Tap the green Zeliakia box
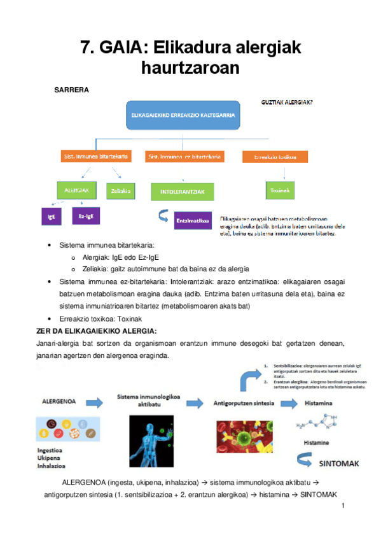(x=121, y=190)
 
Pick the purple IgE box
(x=51, y=217)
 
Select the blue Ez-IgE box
(x=86, y=217)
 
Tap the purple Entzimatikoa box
(x=192, y=221)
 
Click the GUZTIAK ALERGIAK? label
(x=287, y=102)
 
